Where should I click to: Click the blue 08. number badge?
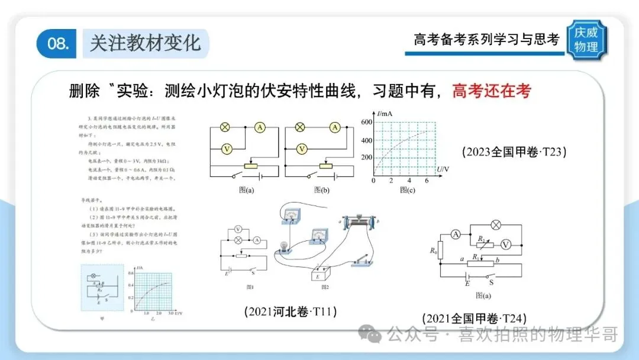[x=57, y=43]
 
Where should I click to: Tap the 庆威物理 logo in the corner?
[x=586, y=40]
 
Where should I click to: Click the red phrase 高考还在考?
[x=491, y=91]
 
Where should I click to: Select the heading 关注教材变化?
[x=145, y=43]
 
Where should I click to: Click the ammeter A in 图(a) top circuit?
[x=259, y=127]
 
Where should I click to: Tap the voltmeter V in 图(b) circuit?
[x=302, y=149]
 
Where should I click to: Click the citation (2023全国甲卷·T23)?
[x=514, y=152]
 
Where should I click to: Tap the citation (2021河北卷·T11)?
[x=290, y=311]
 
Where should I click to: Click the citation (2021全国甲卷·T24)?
[x=475, y=318]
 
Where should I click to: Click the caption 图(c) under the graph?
[x=406, y=190]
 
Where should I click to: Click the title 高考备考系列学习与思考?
[x=486, y=40]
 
